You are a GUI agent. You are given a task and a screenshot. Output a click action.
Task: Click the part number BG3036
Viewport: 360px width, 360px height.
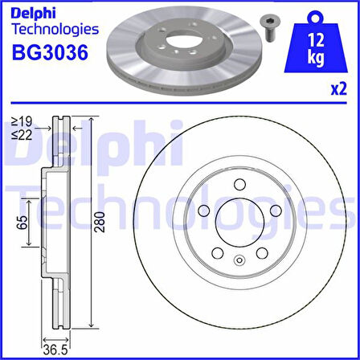tap(50, 52)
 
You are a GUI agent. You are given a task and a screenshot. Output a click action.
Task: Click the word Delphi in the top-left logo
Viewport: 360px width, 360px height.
tap(34, 14)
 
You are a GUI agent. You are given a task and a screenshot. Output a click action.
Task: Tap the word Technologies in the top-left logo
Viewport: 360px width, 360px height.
tap(55, 30)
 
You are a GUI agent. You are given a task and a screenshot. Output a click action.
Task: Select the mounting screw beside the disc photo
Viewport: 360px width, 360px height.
tap(268, 27)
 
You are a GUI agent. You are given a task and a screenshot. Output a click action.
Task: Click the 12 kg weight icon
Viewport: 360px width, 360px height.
tap(316, 43)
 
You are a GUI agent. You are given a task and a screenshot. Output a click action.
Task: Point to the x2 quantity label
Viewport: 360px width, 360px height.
tap(339, 89)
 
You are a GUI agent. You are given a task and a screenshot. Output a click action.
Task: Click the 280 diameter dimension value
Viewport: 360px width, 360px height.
tap(100, 222)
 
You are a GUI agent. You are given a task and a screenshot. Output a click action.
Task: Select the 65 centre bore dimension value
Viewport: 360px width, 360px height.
tap(22, 222)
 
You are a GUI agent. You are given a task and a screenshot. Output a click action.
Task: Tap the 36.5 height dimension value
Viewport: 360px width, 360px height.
tap(56, 350)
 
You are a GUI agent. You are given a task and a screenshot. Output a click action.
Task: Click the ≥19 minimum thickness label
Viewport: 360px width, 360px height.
tap(22, 122)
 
